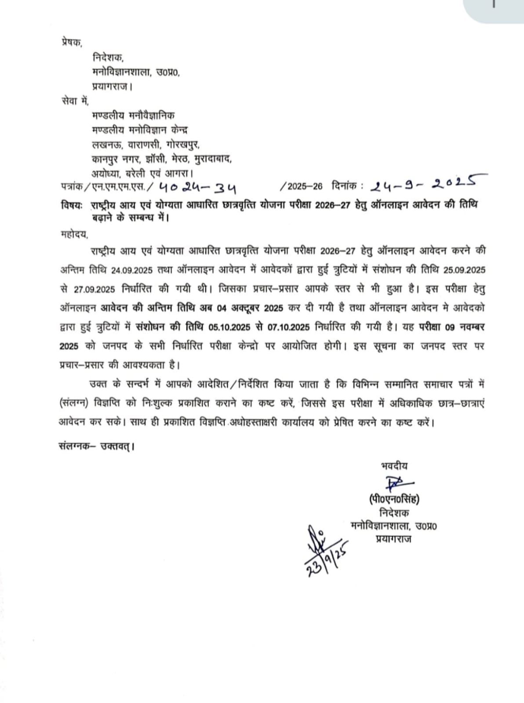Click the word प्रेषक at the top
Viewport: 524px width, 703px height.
point(71,43)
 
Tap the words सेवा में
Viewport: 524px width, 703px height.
point(75,101)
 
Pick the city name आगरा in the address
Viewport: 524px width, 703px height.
point(180,173)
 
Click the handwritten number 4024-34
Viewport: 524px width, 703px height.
point(197,188)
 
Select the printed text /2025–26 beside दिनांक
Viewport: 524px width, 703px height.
point(301,186)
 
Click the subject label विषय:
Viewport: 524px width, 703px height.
point(71,205)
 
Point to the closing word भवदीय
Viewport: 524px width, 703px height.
point(394,466)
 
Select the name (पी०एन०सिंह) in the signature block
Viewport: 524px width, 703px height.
point(394,499)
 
